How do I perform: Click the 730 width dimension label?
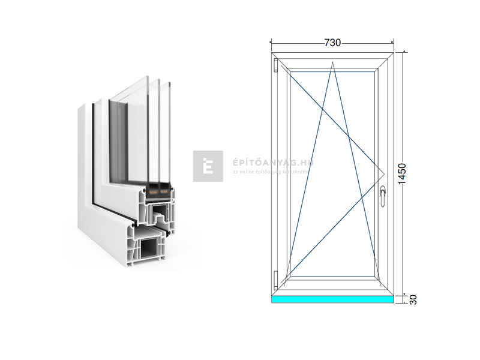(332, 43)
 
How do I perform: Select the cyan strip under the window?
(332, 299)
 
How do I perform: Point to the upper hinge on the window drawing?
(275, 65)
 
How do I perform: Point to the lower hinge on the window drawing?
(275, 278)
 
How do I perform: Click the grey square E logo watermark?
(208, 166)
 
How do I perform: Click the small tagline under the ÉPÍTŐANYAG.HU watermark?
(270, 172)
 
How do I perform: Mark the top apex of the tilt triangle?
(332, 62)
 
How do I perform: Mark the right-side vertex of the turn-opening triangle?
(383, 174)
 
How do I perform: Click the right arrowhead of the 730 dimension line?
(392, 43)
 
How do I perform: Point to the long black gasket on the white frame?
(95, 156)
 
